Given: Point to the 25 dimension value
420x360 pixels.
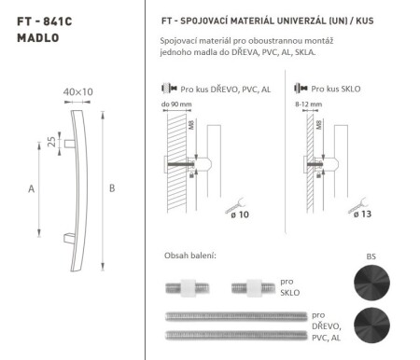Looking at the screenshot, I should [x=50, y=142].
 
